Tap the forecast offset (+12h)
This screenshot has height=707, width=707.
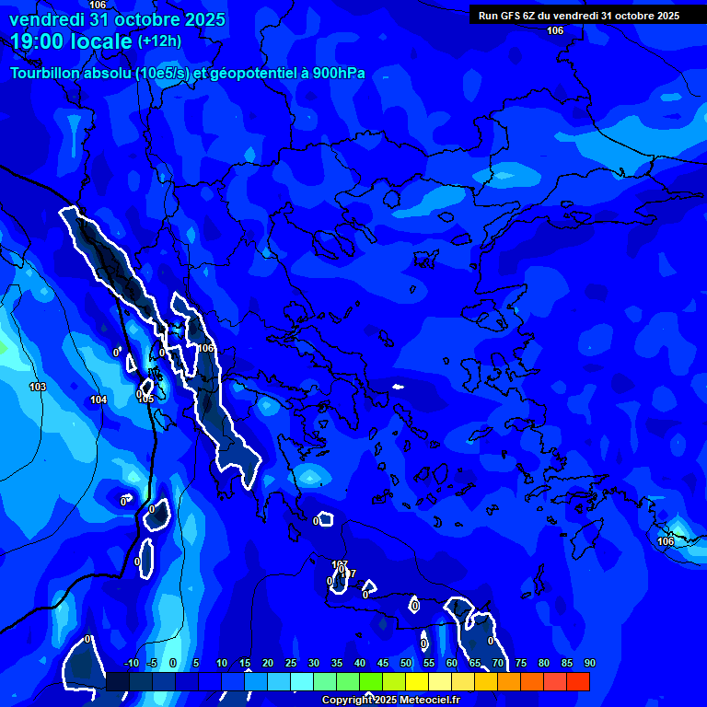tap(159, 41)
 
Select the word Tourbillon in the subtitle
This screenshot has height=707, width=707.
tap(46, 73)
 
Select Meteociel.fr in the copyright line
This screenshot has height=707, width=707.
tap(426, 701)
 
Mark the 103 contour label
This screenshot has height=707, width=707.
tap(38, 387)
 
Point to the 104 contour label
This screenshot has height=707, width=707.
tap(99, 400)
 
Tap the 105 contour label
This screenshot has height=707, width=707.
tap(145, 399)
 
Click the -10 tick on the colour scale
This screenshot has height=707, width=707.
tap(131, 664)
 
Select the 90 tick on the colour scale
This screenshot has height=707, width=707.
tap(590, 664)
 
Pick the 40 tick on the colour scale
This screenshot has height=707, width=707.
tap(360, 664)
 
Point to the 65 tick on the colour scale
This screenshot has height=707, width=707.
tap(475, 664)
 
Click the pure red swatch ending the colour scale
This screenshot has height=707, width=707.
tap(578, 681)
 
